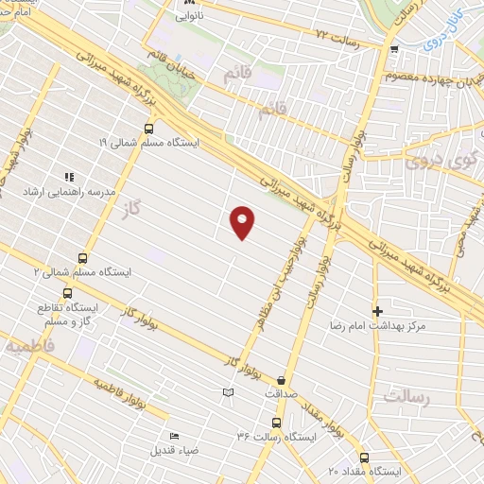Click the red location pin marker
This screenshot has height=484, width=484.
(x=243, y=221)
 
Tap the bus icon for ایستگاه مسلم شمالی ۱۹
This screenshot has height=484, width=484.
(x=148, y=129)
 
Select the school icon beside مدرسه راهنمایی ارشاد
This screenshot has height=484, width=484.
(x=68, y=177)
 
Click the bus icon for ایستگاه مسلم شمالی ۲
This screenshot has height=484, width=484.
(x=82, y=257)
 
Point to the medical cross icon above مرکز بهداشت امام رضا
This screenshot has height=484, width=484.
(x=377, y=311)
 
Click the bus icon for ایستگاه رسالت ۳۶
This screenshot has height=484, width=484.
(x=276, y=423)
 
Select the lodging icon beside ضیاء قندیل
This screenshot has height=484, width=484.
(x=173, y=436)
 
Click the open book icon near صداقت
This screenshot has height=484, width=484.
(x=228, y=392)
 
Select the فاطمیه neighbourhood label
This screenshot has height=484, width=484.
(x=29, y=347)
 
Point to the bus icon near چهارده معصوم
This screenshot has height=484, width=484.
(x=393, y=50)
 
